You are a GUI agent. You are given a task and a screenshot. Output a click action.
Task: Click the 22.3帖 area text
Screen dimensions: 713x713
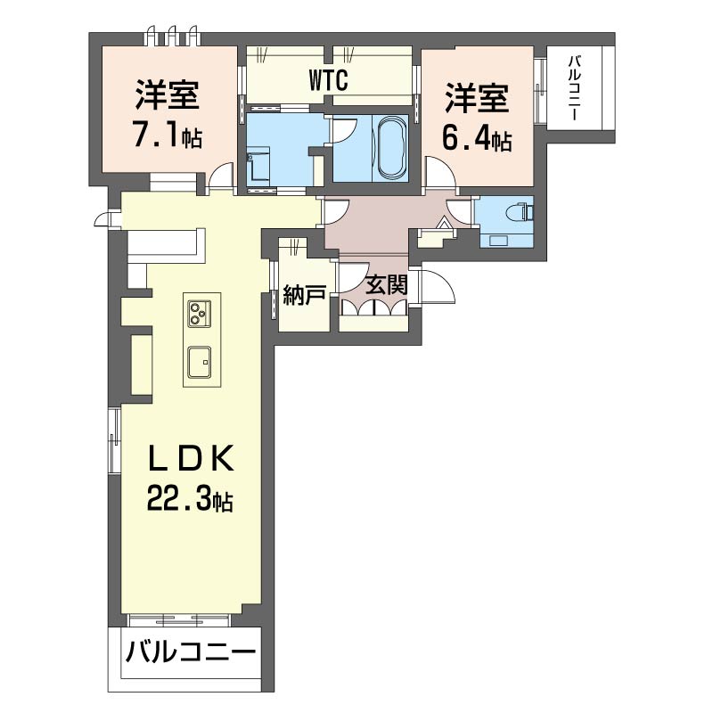(x=190, y=501)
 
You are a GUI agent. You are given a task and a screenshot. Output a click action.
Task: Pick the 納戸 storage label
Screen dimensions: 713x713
(x=303, y=296)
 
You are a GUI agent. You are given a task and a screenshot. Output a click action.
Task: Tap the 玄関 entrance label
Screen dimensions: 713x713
(x=388, y=285)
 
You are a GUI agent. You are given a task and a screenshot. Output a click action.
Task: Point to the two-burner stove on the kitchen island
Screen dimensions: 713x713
(x=198, y=313)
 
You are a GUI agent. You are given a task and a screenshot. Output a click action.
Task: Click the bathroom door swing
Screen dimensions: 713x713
(x=346, y=131)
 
